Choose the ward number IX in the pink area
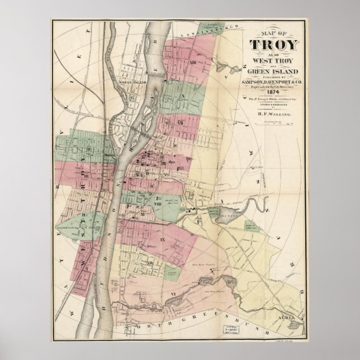click(163, 240)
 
